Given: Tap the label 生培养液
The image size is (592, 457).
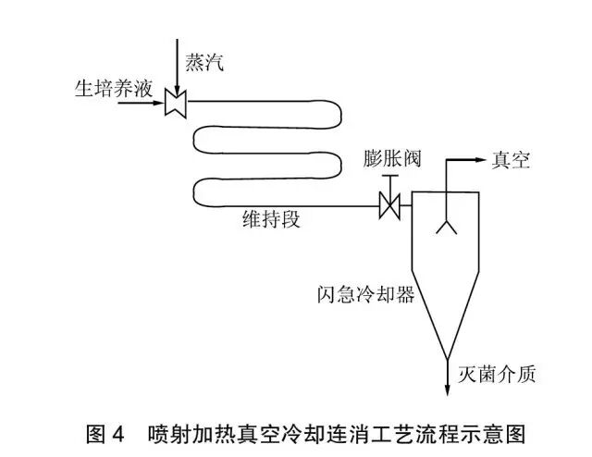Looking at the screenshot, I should coord(112,89).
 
